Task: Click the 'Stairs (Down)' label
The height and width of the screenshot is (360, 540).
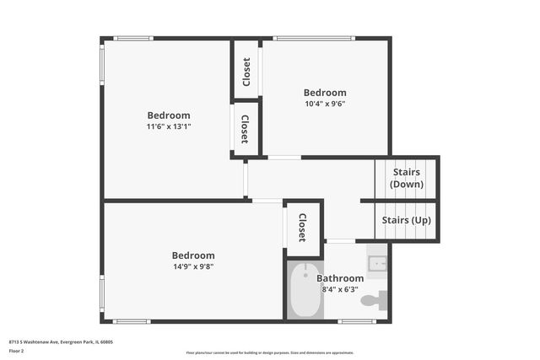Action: (x=407, y=178)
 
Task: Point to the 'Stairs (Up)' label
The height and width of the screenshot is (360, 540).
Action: (x=407, y=220)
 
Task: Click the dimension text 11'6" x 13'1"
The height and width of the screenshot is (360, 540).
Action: (x=169, y=126)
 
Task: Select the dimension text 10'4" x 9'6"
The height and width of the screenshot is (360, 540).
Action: (x=325, y=104)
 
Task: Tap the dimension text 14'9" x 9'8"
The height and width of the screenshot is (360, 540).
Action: (x=193, y=266)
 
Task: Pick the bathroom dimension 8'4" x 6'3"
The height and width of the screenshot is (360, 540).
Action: (x=340, y=289)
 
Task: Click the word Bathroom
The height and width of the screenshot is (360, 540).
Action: (x=340, y=278)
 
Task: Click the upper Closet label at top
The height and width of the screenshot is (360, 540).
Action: (x=246, y=71)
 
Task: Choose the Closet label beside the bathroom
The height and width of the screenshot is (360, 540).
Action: (x=302, y=228)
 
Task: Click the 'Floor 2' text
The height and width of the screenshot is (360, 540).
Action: (x=17, y=351)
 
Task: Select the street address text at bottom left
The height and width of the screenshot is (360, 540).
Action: (x=61, y=341)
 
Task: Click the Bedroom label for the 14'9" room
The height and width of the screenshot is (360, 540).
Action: (x=193, y=255)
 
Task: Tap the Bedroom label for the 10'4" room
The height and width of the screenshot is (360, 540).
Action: (x=325, y=93)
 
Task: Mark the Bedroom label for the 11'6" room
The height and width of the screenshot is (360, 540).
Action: (x=169, y=116)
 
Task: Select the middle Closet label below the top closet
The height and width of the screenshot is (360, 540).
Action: (x=245, y=129)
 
